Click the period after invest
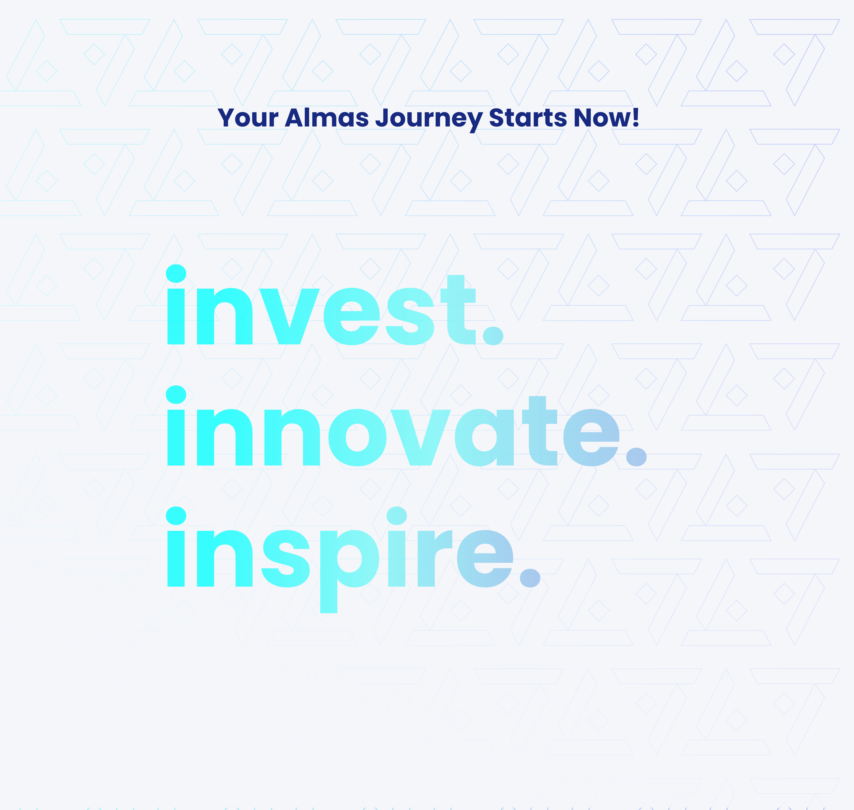click(x=493, y=335)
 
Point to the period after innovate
click(x=636, y=456)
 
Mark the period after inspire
click(x=530, y=577)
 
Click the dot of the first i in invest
click(x=176, y=273)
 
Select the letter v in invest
click(x=289, y=317)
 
